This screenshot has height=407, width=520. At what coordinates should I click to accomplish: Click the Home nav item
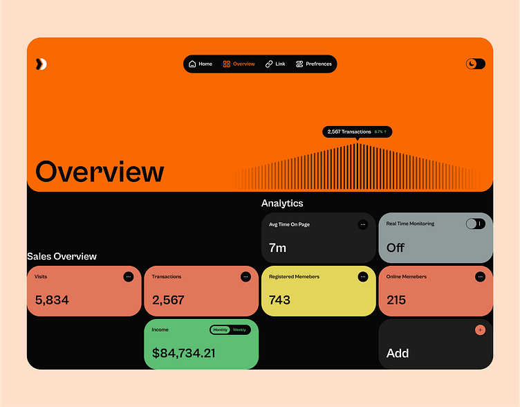pos(201,64)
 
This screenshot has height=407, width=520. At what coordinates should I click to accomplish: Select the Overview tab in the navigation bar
pos(239,64)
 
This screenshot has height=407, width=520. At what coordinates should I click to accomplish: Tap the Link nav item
pos(275,64)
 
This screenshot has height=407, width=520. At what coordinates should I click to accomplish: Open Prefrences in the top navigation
pos(314,64)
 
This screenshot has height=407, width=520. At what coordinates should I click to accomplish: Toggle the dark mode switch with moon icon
pos(476,64)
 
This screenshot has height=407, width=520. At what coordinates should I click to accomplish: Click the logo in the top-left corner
pos(41,64)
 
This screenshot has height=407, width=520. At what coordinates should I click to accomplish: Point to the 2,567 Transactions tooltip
pos(357,132)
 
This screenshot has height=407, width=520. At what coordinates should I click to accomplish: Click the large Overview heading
pos(100,172)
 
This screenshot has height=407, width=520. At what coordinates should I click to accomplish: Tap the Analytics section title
pos(282,203)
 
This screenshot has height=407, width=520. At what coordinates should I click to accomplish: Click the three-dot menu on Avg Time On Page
pos(363,224)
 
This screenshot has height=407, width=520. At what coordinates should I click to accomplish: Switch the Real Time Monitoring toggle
pos(476,224)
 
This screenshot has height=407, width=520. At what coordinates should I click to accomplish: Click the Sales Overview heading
pos(62,256)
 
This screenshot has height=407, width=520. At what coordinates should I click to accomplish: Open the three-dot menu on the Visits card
pos(129,277)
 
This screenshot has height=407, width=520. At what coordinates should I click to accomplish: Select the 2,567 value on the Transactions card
pos(168,300)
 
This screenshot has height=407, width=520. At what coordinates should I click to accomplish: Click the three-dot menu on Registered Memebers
pos(363,277)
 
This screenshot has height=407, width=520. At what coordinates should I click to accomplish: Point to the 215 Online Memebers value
pos(396,300)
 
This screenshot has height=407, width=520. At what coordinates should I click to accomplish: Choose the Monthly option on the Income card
pos(221,330)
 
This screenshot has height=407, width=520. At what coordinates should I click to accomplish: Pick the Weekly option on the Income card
pos(239,330)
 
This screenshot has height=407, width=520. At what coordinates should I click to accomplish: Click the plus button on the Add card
pos(481,330)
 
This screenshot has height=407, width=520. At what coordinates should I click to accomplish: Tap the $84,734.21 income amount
pos(183,353)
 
